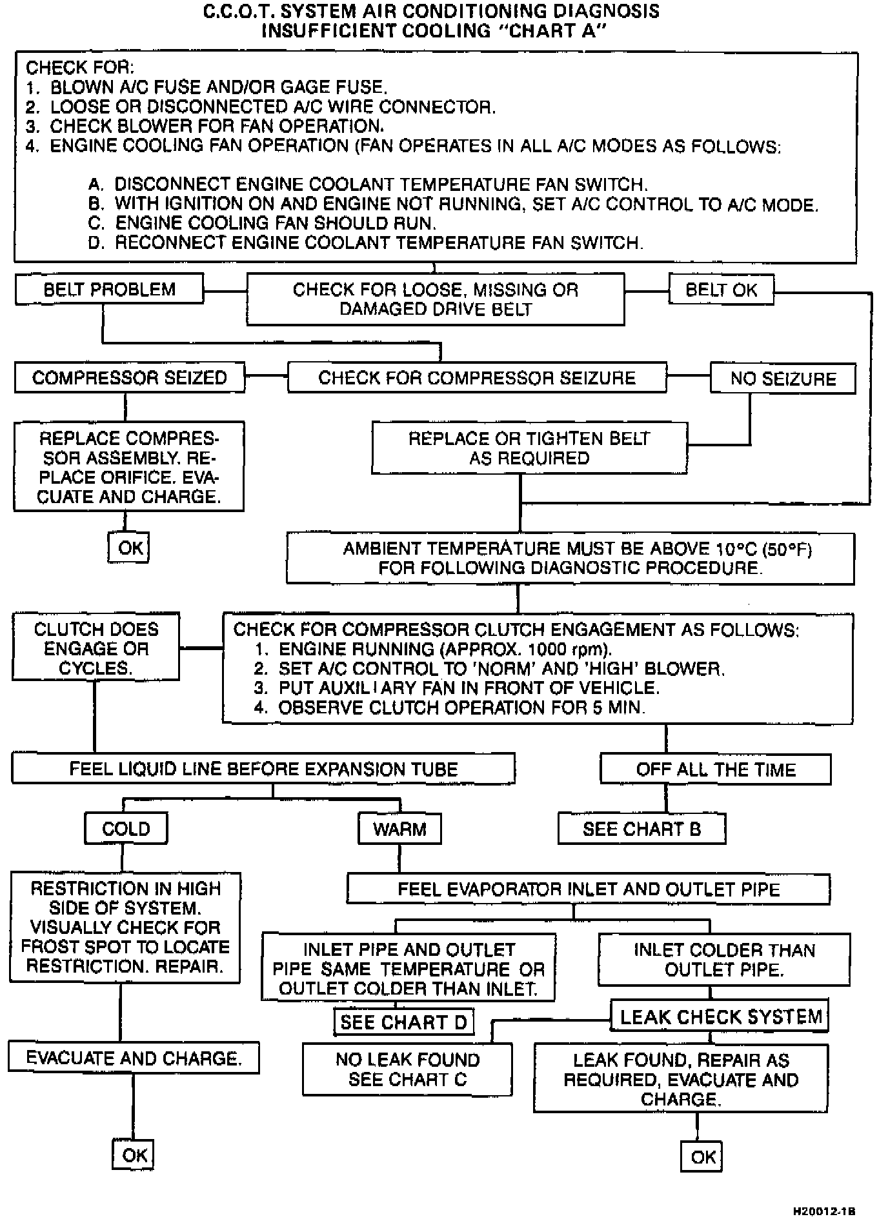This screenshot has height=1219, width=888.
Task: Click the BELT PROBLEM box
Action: click(109, 289)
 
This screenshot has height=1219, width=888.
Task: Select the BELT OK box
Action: click(721, 290)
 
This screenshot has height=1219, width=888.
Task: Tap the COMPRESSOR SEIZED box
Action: click(129, 378)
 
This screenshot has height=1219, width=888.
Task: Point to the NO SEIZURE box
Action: click(783, 379)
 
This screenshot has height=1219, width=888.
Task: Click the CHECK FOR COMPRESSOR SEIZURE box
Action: click(477, 378)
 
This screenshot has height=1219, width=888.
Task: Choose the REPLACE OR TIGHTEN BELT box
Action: click(529, 448)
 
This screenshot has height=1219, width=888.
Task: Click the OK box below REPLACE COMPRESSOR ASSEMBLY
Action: click(129, 548)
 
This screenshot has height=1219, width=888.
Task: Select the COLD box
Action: click(126, 829)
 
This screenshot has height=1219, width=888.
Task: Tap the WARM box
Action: click(399, 829)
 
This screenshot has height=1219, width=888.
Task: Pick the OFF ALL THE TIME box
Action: click(716, 769)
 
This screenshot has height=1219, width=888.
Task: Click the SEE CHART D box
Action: click(403, 1022)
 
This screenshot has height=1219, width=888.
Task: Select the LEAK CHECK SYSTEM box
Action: click(720, 1017)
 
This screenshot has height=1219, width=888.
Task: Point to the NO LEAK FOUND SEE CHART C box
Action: click(407, 1070)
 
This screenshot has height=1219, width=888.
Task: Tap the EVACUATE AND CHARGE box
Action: click(134, 1058)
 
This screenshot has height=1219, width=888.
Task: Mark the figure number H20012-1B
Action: click(824, 1211)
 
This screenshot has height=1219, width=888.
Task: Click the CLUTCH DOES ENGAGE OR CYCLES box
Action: click(96, 648)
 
